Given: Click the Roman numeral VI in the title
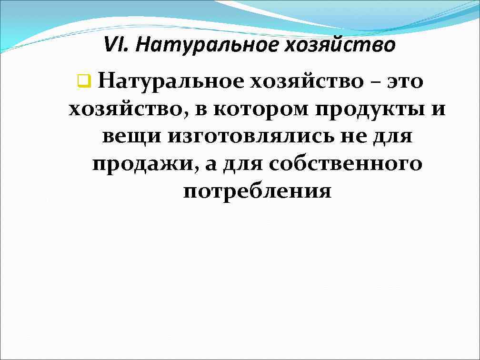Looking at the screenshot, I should coord(115,46).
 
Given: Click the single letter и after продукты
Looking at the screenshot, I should coord(439,109).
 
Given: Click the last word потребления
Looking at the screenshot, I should coord(257,191).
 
